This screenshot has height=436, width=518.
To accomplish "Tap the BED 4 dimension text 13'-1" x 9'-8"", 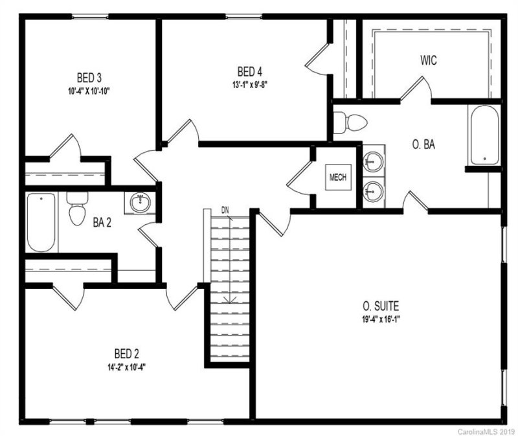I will [249, 84].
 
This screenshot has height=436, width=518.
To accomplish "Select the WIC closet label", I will [428, 61].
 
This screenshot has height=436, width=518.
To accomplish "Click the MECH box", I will [339, 176].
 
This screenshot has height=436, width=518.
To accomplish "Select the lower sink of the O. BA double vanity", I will [373, 190].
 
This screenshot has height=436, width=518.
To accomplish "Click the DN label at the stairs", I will [225, 210].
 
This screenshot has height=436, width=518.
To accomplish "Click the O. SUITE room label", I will [381, 305].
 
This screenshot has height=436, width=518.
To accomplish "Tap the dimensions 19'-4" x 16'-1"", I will [381, 317].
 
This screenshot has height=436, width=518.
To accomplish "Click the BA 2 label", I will [102, 222].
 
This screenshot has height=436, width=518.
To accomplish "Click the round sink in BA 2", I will [141, 203].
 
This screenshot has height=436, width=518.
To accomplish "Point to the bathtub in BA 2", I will [41, 222].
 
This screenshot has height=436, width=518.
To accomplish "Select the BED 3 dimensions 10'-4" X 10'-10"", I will [89, 91].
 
